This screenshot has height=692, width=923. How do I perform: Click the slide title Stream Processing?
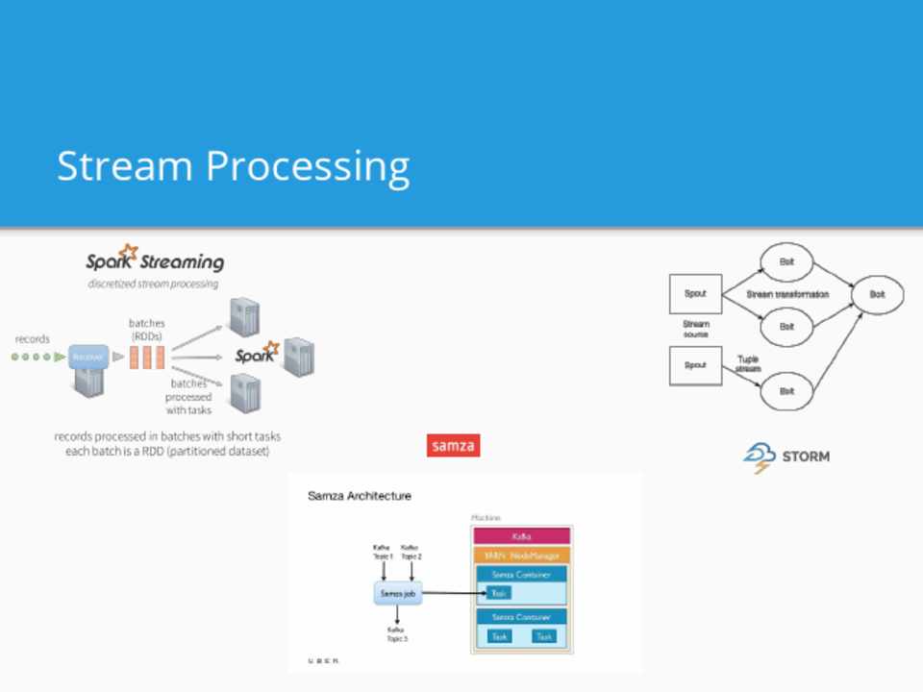click(x=234, y=166)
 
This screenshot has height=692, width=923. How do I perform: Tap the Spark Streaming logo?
click(x=155, y=259)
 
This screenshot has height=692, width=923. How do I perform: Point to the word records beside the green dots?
click(x=33, y=339)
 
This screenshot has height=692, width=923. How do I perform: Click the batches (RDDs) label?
click(x=147, y=330)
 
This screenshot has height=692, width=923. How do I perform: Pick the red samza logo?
click(x=453, y=446)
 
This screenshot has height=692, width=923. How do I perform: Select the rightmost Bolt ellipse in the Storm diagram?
click(x=877, y=295)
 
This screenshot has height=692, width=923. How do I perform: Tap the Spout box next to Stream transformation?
click(x=695, y=294)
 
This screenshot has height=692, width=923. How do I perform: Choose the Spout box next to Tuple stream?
click(x=695, y=366)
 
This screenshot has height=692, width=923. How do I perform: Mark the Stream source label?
click(x=695, y=329)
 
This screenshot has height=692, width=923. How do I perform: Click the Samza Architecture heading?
click(x=360, y=496)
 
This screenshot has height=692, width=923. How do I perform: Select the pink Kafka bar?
click(x=522, y=535)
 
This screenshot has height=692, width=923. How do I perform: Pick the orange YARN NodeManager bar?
click(x=522, y=556)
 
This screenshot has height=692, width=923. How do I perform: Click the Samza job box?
click(x=398, y=594)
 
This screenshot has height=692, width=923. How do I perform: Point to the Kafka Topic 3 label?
click(x=397, y=634)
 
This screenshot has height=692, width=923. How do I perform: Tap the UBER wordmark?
click(x=323, y=661)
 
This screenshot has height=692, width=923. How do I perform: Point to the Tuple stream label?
click(x=749, y=363)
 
